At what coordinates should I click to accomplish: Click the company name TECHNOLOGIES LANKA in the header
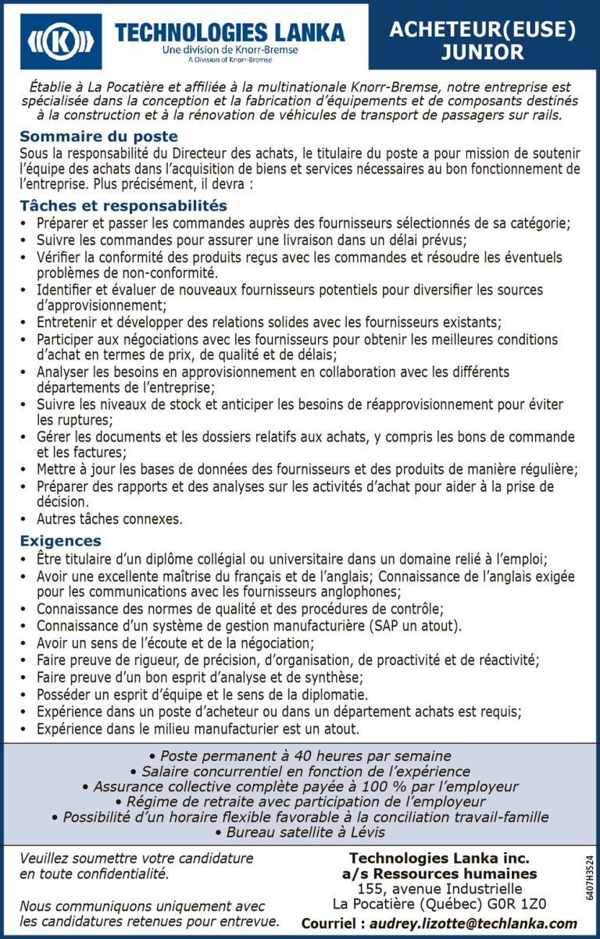[x=230, y=32]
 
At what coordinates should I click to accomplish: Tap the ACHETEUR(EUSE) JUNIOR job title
[x=482, y=41]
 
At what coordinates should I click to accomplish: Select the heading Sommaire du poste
[x=98, y=137]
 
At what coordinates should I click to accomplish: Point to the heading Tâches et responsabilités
[x=123, y=205]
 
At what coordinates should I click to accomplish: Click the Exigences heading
[x=60, y=540]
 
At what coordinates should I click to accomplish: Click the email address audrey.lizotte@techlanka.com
[x=473, y=923]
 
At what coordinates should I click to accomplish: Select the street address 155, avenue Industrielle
[x=439, y=888]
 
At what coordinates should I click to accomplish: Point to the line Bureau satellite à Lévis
[x=300, y=832]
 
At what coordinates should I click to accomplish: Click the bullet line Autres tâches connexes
[x=109, y=519]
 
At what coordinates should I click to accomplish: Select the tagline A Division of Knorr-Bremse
[x=230, y=59]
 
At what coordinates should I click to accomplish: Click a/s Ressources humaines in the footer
[x=439, y=873]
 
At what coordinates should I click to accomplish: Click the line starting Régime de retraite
[x=300, y=802]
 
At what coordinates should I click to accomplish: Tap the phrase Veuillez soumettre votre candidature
[x=136, y=859]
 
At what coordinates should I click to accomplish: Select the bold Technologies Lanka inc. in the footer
[x=439, y=858]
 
